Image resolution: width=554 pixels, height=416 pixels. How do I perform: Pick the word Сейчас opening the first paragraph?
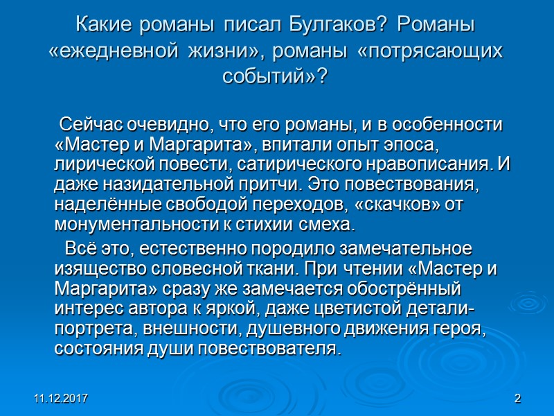click(x=94, y=126)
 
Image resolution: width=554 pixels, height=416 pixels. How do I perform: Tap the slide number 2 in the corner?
click(x=517, y=400)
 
